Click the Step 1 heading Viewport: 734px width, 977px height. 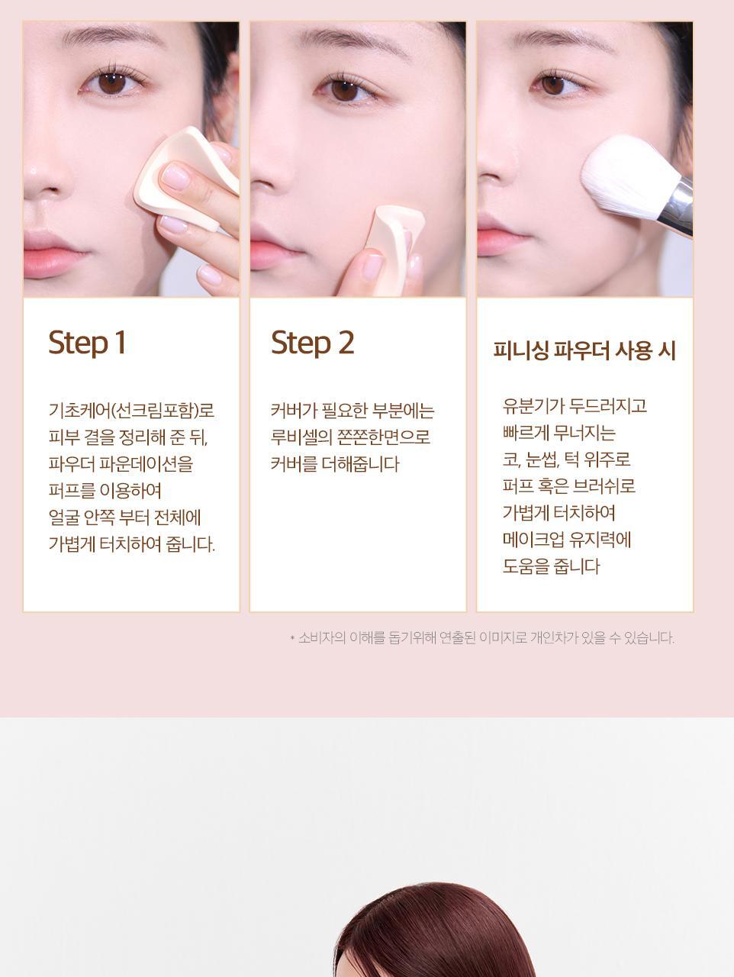tap(87, 343)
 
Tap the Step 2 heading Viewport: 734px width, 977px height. tap(312, 343)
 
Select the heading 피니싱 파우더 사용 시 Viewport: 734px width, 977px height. tap(584, 350)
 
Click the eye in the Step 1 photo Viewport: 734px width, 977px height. tap(112, 82)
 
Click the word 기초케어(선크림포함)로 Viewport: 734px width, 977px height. tap(132, 411)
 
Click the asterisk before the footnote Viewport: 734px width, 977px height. tap(292, 639)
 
